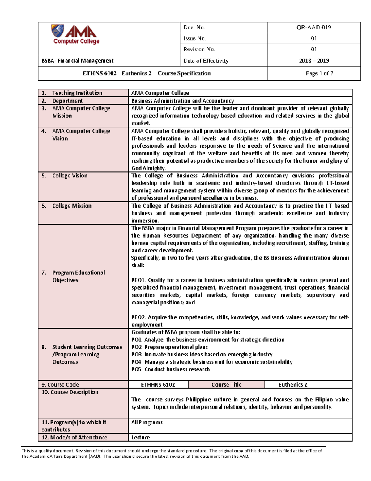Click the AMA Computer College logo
point(75,35)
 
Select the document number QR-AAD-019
point(313,28)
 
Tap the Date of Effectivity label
point(206,61)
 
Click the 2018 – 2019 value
point(313,61)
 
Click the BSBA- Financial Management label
point(77,61)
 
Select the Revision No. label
point(199,49)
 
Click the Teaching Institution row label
point(77,93)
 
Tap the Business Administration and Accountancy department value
point(182,101)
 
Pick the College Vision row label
point(70,176)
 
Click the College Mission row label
point(71,206)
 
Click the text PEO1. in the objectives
point(138,280)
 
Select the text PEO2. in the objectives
point(138,317)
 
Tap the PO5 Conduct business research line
point(170,369)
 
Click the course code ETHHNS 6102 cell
point(158,385)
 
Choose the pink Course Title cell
point(226,385)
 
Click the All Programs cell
point(147,422)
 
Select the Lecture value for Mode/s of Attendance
point(140,438)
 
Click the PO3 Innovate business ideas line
point(202,355)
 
